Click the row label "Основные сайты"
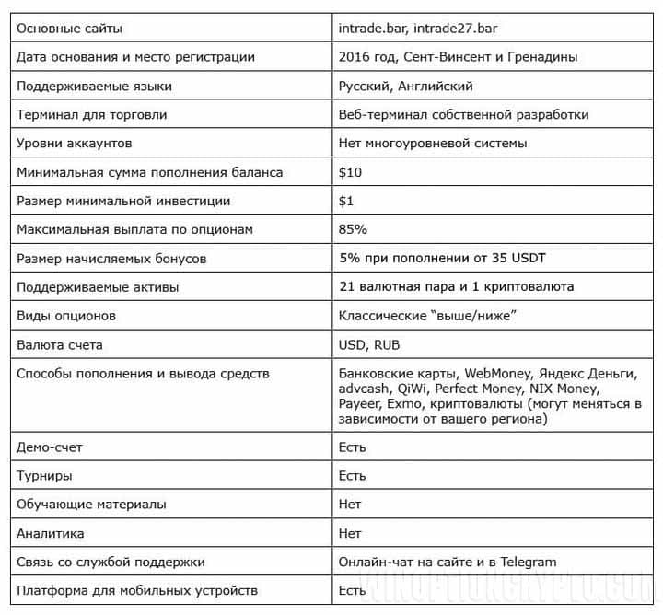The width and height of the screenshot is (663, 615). (69, 29)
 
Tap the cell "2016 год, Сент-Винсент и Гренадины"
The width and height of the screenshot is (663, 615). (458, 57)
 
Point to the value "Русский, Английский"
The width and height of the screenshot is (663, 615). (406, 86)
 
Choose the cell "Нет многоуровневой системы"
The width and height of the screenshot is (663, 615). (433, 144)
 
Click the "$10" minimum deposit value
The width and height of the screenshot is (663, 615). (351, 172)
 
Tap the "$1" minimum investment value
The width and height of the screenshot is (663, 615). (347, 201)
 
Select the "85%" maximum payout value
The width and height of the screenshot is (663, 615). (354, 229)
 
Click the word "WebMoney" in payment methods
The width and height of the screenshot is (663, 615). (498, 373)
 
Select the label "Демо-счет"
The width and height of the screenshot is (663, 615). (50, 447)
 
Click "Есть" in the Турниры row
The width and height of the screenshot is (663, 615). (352, 476)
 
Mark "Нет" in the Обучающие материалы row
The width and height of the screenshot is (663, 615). (350, 505)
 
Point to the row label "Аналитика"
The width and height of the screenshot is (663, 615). (51, 533)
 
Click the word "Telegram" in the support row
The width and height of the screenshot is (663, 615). (524, 562)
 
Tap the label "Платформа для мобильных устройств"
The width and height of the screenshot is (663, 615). (137, 590)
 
